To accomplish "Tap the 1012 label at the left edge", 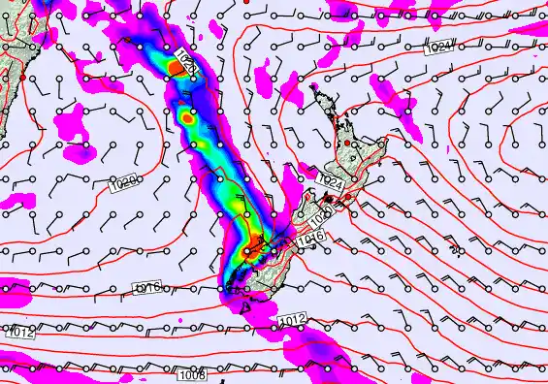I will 21,333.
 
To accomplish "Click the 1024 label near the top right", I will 438,48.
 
